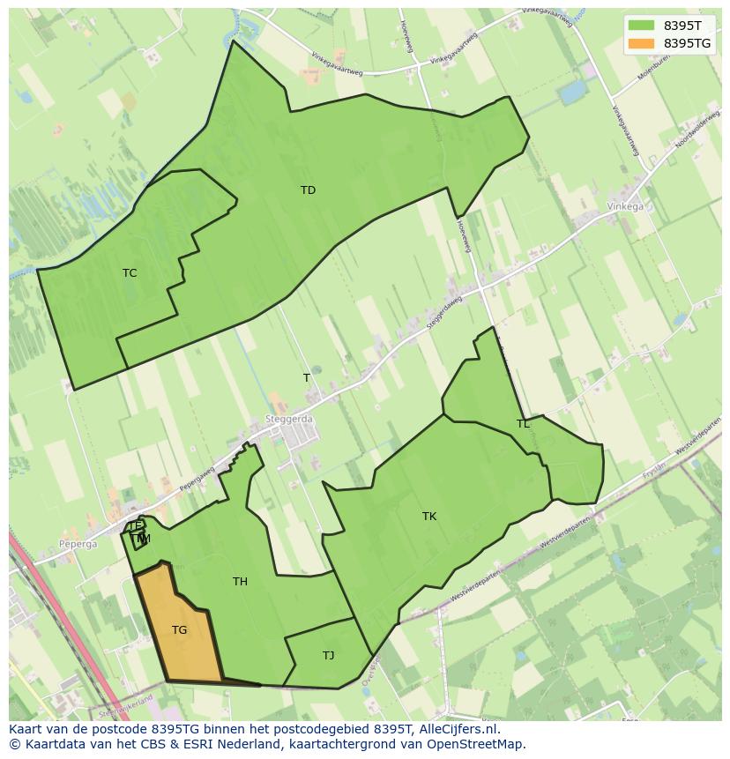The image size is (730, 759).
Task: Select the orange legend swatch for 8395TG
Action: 641,43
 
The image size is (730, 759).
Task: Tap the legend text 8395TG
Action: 687,43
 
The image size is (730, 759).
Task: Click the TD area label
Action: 308,190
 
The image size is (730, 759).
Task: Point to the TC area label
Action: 130,273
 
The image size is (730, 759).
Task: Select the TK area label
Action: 429,517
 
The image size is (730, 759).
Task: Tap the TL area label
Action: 523,424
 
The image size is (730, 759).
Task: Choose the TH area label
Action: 240,582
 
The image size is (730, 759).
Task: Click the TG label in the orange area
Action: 179,630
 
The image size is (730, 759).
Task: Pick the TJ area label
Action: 328,656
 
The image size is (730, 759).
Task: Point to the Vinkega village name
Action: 625,207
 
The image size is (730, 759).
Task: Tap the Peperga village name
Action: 78,545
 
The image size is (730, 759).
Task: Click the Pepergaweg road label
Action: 197,479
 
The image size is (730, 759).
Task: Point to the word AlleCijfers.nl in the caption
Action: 460,729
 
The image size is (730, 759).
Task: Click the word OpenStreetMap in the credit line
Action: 477,744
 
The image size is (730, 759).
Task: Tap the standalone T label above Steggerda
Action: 307,378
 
